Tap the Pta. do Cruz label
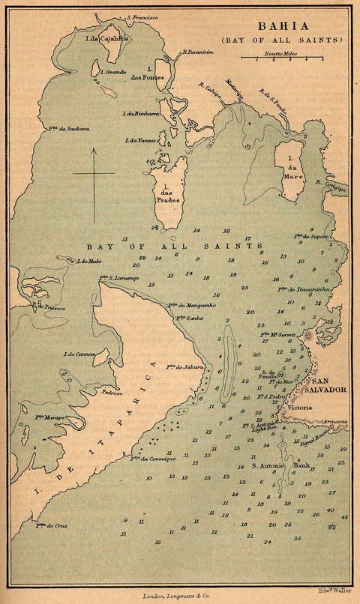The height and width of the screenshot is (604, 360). pyautogui.click(x=51, y=525)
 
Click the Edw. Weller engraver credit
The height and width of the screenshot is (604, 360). pyautogui.click(x=335, y=590)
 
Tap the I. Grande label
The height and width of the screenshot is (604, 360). pyautogui.click(x=112, y=73)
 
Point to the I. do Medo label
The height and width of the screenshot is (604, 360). pyautogui.click(x=88, y=261)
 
